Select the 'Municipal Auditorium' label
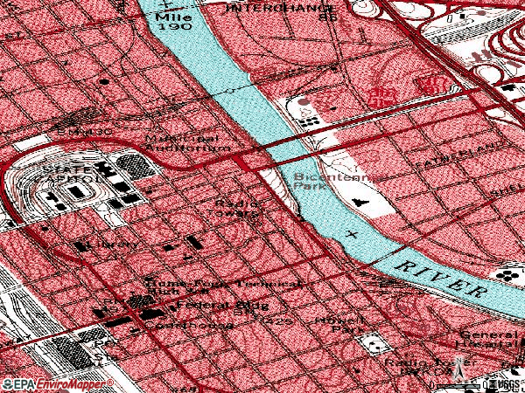pyautogui.click(x=183, y=143)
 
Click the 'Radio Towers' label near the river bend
pyautogui.click(x=237, y=207)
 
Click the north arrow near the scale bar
pyautogui.click(x=457, y=374)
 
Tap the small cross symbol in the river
pyautogui.click(x=353, y=234)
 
